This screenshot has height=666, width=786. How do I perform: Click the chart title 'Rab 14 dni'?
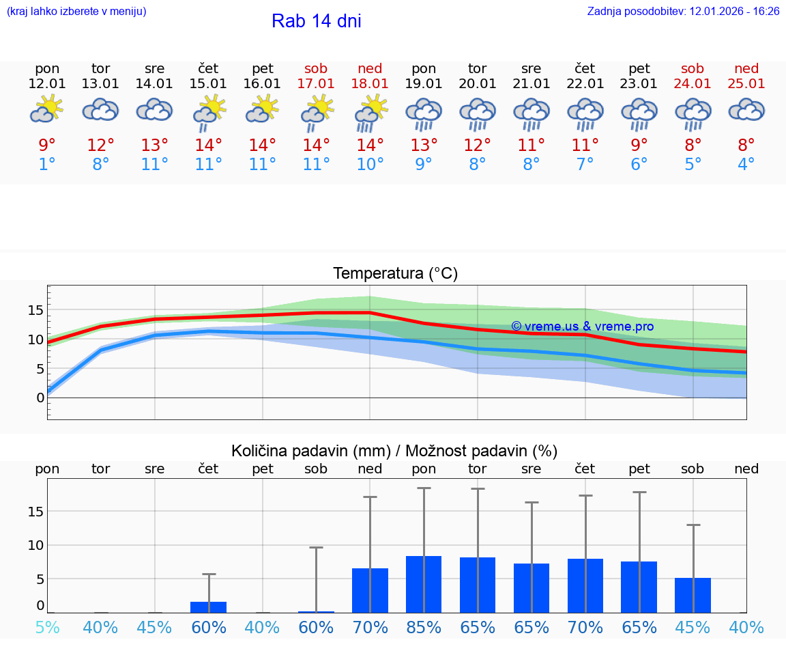pyautogui.click(x=316, y=21)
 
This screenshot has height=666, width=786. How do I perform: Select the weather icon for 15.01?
pyautogui.click(x=209, y=111)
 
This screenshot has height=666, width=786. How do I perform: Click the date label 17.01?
pyautogui.click(x=316, y=84)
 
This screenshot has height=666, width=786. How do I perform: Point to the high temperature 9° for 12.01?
pyautogui.click(x=47, y=145)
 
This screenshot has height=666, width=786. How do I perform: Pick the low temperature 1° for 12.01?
pyautogui.click(x=47, y=165)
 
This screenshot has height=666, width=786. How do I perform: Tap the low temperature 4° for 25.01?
pyautogui.click(x=746, y=165)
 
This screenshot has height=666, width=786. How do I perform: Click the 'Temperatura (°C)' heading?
pyautogui.click(x=395, y=274)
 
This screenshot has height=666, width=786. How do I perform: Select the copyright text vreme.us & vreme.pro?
pyautogui.click(x=582, y=327)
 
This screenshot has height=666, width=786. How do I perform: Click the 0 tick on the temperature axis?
pyautogui.click(x=40, y=398)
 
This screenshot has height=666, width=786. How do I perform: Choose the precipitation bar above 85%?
pyautogui.click(x=424, y=584)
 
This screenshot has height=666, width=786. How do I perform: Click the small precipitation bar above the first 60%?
pyautogui.click(x=209, y=607)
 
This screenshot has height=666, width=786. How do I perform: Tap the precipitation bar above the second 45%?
pyautogui.click(x=693, y=595)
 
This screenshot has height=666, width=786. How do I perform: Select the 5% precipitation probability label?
pyautogui.click(x=47, y=627)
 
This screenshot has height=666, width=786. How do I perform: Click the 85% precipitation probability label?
pyautogui.click(x=424, y=627)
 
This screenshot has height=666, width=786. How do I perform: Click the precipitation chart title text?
pyautogui.click(x=394, y=451)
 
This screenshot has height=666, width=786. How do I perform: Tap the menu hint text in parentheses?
pyautogui.click(x=76, y=12)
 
